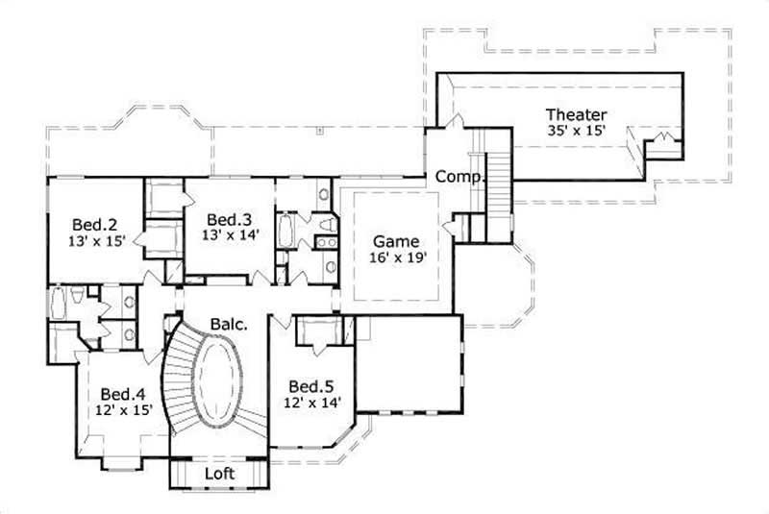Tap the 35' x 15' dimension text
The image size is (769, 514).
point(576,132)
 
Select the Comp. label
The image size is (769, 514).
point(459,177)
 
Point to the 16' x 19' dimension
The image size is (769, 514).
point(397,257)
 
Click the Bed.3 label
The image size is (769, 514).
point(228,217)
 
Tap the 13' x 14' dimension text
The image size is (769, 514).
point(228,233)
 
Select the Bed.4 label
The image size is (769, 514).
point(122,393)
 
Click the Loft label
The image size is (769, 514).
point(220,474)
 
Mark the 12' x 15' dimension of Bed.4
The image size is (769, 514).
point(122,409)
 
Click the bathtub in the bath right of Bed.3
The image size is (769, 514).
point(286,232)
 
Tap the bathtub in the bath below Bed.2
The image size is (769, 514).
point(59,305)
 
